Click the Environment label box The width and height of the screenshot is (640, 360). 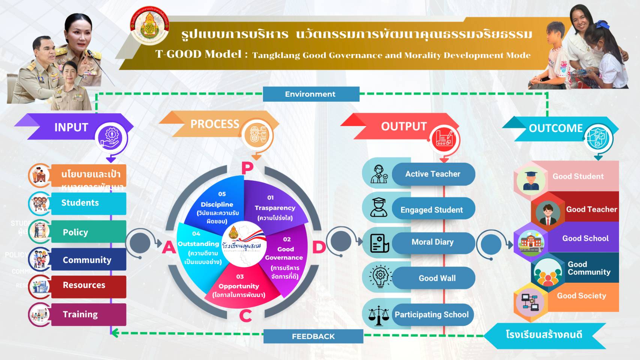click(x=311, y=94)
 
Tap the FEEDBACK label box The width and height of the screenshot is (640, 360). click(x=313, y=336)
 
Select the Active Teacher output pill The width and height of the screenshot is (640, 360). click(x=433, y=174)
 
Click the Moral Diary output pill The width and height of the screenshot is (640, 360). click(x=433, y=242)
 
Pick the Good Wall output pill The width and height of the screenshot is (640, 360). click(x=437, y=278)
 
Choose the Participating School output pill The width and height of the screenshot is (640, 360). click(x=432, y=315)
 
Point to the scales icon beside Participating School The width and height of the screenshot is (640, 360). click(x=379, y=315)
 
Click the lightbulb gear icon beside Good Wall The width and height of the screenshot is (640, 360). click(x=380, y=277)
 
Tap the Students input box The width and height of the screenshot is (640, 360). click(x=88, y=203)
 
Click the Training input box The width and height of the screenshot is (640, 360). click(x=88, y=315)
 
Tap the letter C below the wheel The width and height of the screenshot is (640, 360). click(x=245, y=316)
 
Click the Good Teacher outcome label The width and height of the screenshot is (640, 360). click(x=591, y=209)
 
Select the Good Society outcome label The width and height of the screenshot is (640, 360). click(x=581, y=296)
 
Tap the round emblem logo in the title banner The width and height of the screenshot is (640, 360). click(x=149, y=25)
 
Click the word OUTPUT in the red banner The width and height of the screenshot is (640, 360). click(x=404, y=127)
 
